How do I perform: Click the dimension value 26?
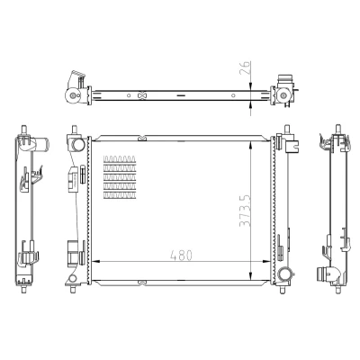[x=246, y=67]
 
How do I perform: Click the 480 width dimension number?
[x=181, y=256]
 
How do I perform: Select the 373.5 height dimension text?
[x=245, y=211]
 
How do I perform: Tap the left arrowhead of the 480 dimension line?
[x=95, y=262]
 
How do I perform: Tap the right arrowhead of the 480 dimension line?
[x=265, y=262]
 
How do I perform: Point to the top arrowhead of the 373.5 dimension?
[x=251, y=145]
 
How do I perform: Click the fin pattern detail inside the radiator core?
[x=120, y=177]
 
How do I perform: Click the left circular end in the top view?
[x=73, y=96]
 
